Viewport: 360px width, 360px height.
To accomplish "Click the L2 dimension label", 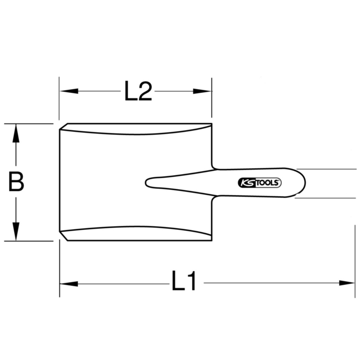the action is (x=138, y=91).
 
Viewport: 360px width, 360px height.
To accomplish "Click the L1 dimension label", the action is (x=184, y=283).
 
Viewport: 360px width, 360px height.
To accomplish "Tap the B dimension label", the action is (x=16, y=181).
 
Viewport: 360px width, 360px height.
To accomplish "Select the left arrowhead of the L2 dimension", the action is (x=69, y=91).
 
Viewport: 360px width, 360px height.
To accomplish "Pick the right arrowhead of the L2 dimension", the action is (x=202, y=91).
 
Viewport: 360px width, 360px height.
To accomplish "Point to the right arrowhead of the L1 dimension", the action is (x=346, y=283).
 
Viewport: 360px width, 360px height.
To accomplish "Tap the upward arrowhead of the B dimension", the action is (x=16, y=133).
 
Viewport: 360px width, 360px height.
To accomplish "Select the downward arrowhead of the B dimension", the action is (x=16, y=232).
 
